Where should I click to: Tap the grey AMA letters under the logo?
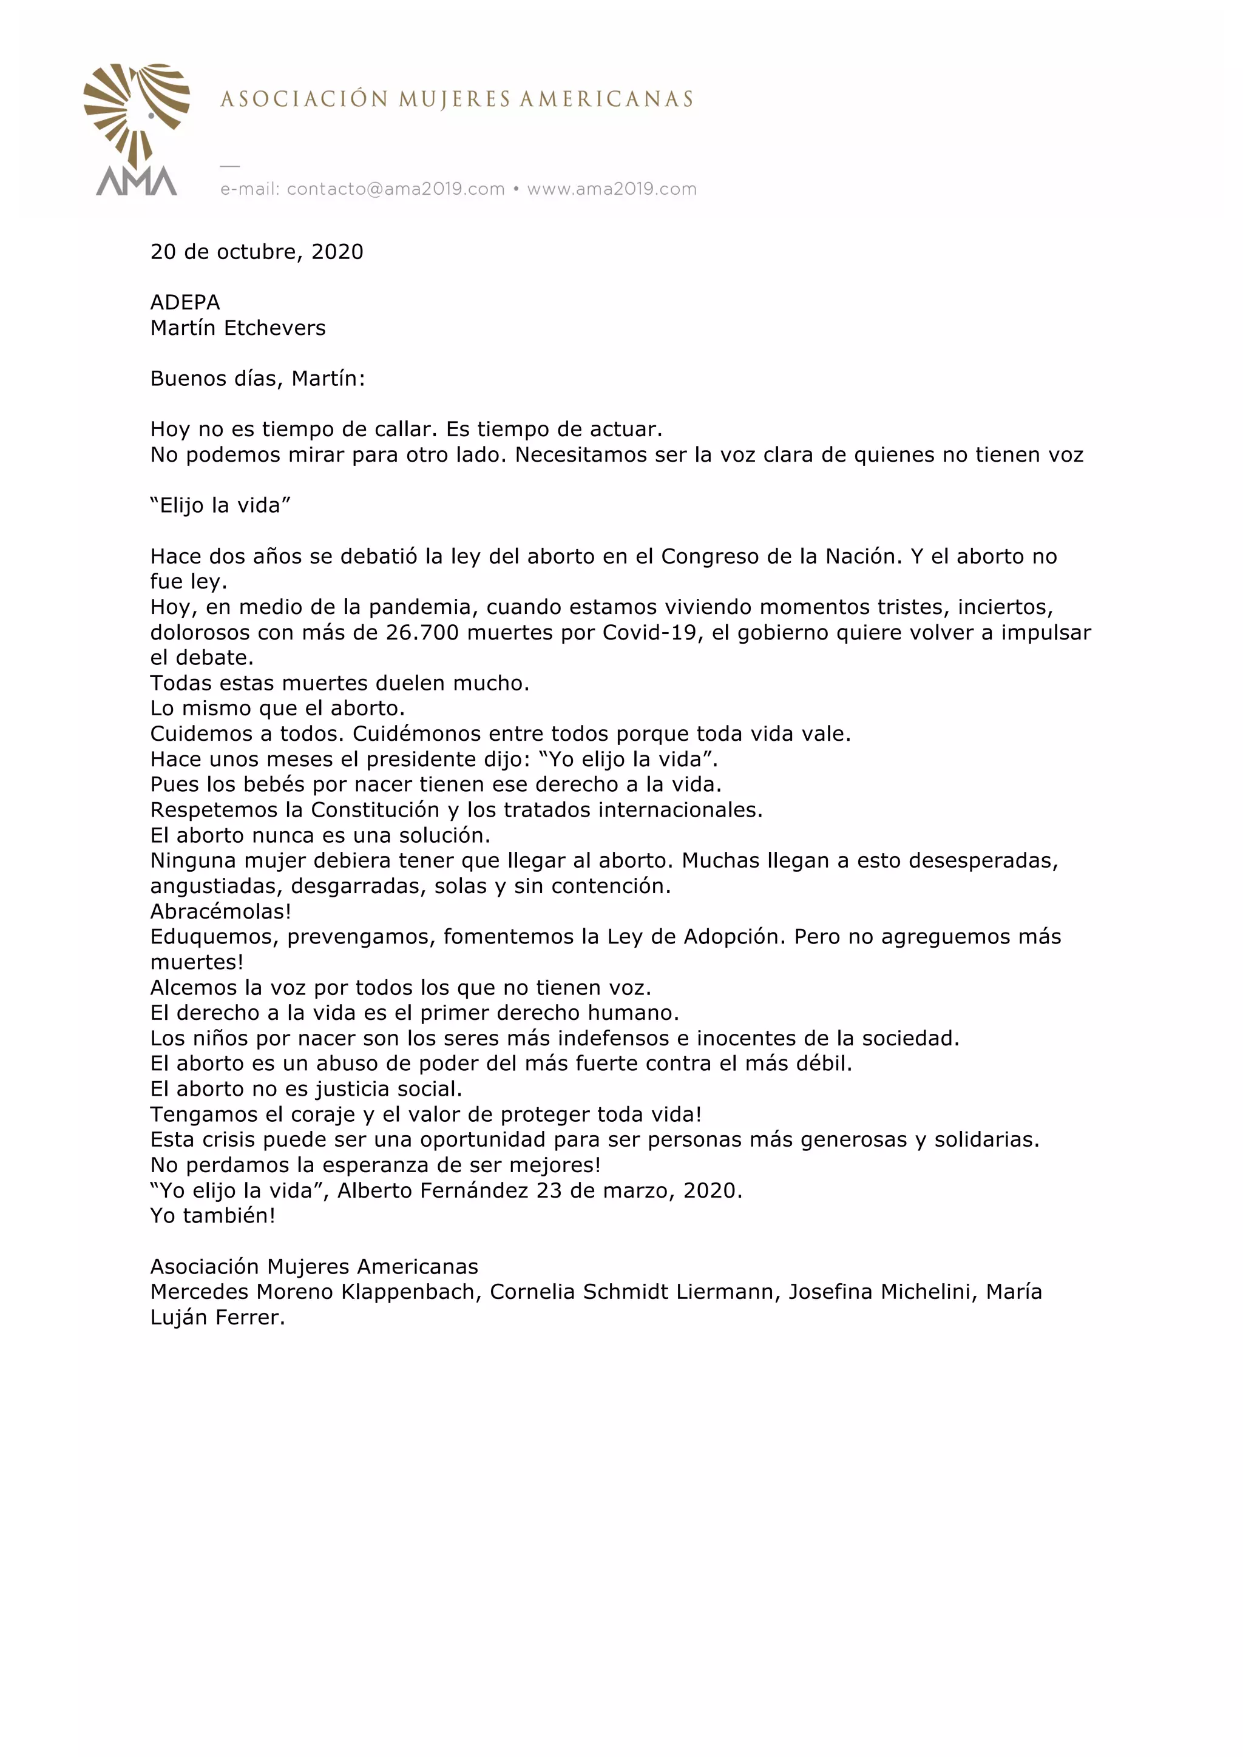point(136,182)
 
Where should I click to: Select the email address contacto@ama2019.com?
point(396,189)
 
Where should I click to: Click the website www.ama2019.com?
point(612,189)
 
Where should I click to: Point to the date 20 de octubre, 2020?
point(256,252)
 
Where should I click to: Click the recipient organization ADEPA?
point(185,302)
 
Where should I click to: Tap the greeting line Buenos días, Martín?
point(257,379)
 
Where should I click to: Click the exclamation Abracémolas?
point(220,911)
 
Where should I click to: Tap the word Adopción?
point(736,937)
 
